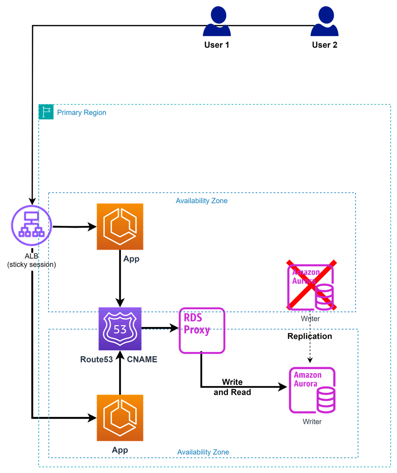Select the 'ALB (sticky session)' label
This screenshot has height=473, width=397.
pos(32,261)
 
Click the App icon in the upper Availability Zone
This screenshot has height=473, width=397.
pos(120,227)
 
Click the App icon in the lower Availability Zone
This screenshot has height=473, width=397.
pos(120,418)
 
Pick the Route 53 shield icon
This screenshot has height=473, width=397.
pos(120,329)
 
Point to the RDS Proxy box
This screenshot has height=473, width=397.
pos(202,330)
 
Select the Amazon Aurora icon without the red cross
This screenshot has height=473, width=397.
pos(312,390)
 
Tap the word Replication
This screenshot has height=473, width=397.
pos(310,336)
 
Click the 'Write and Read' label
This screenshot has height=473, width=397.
pos(232,387)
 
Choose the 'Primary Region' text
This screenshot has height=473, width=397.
pos(81,113)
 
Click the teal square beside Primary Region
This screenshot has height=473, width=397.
pos(46,112)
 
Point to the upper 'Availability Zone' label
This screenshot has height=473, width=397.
pos(201,200)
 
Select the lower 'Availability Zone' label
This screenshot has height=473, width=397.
pos(203,452)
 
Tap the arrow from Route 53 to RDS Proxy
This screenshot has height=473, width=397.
pos(160,328)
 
